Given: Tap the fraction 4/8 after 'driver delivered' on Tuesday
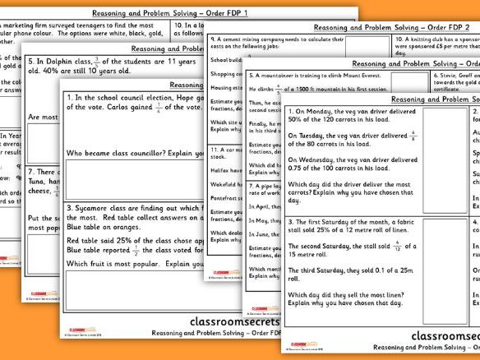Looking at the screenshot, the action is (413, 135).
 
